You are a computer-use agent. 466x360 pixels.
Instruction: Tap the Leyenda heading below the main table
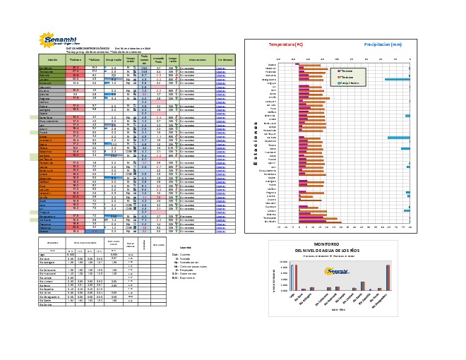coord(184,248)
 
